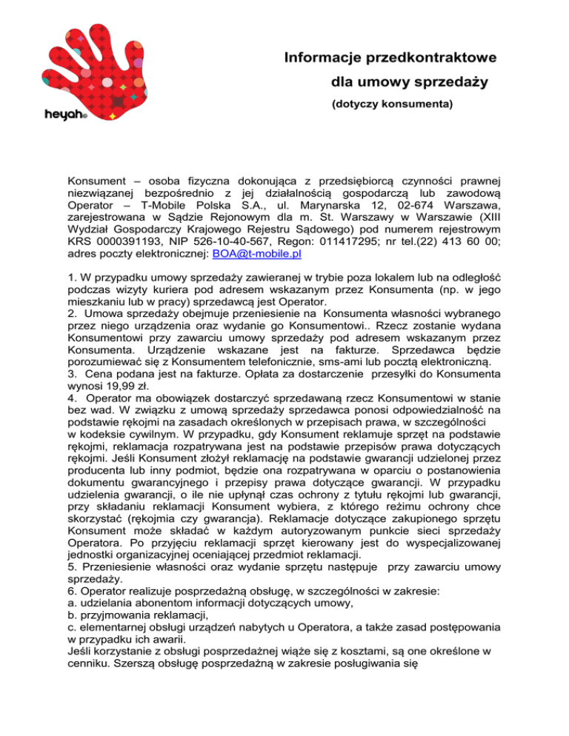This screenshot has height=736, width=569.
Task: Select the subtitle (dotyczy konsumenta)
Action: point(392,105)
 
